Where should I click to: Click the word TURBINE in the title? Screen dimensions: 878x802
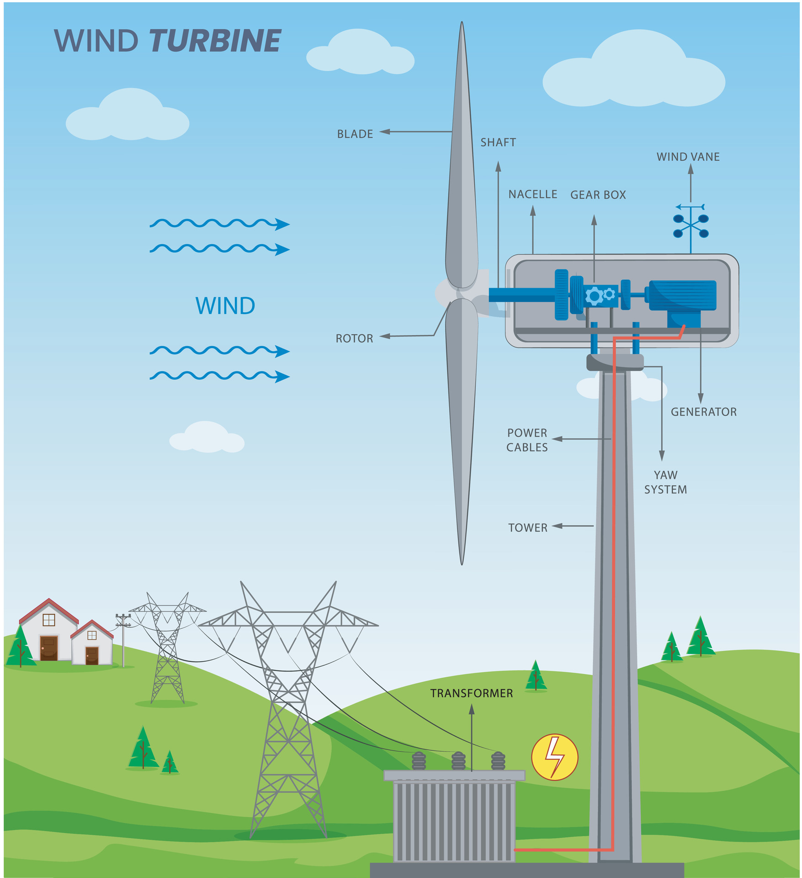[x=215, y=41]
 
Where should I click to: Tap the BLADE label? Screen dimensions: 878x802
[x=355, y=134]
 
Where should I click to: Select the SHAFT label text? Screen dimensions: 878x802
[x=498, y=142]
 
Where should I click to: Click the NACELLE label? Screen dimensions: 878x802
[x=532, y=194]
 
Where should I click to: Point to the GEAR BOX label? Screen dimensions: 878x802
[x=598, y=195]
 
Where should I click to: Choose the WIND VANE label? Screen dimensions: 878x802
[x=688, y=157]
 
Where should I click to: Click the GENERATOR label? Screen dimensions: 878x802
[x=703, y=412]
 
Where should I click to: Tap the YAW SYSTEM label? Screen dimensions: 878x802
[x=665, y=482]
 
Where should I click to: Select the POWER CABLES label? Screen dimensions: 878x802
[x=527, y=440]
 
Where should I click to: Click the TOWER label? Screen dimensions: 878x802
[x=527, y=527]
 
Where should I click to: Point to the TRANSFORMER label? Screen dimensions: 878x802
[x=471, y=693]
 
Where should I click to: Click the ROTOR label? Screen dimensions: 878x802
[x=354, y=338]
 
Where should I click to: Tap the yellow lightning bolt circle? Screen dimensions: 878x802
[x=554, y=757]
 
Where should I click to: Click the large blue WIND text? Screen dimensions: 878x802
[x=225, y=305]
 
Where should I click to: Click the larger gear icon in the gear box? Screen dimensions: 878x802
[x=594, y=296]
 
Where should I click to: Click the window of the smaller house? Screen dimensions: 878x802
[x=92, y=635]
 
